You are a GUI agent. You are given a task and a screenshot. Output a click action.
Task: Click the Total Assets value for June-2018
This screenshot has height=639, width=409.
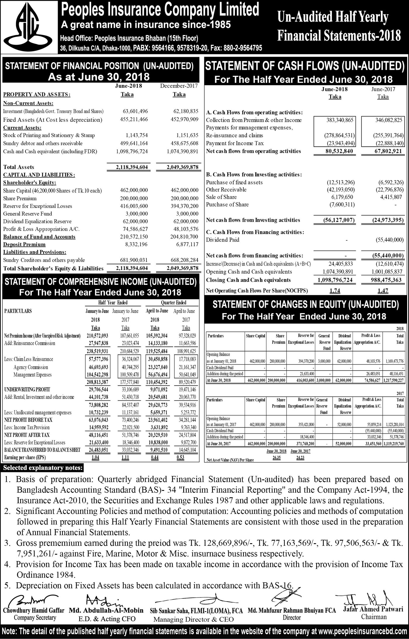[x=132, y=167]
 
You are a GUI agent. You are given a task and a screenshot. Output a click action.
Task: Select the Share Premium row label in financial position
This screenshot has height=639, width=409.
[x=20, y=198]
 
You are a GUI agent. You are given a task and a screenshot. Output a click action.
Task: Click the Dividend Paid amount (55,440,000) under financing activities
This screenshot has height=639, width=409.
[x=389, y=240]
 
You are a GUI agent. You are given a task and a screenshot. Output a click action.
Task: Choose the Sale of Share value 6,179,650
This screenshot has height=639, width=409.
[x=341, y=197]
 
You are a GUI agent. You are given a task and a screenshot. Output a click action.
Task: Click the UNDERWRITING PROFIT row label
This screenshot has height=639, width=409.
[x=27, y=390]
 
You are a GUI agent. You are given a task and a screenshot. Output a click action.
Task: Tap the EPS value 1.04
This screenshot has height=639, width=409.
[x=95, y=458]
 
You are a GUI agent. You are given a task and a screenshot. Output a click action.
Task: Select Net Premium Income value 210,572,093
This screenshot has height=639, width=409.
[x=97, y=336]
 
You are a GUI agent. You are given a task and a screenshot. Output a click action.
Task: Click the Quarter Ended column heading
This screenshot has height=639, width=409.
[x=174, y=303]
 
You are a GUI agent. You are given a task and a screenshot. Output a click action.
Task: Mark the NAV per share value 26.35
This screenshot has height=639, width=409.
[x=276, y=458]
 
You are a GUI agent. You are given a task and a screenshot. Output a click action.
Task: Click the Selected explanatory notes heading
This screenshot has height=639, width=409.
[x=43, y=468]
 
